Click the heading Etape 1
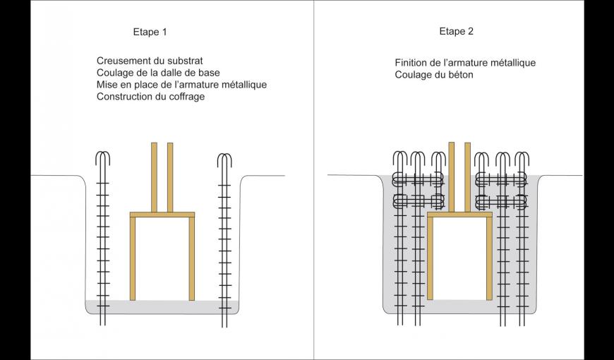point(150,32)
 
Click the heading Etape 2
point(457,31)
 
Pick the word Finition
point(413,63)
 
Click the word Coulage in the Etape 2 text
point(413,75)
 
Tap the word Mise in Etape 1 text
point(107,85)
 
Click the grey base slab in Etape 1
point(162,307)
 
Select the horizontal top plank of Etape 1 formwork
point(162,214)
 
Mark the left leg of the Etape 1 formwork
point(133,258)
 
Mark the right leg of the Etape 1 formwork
point(191,258)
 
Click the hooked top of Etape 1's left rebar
point(103,156)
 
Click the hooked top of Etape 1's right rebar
point(224,158)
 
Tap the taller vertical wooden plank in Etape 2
point(452,176)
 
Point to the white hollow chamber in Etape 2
point(459,258)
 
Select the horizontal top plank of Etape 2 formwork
point(459,214)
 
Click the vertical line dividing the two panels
point(314,180)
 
